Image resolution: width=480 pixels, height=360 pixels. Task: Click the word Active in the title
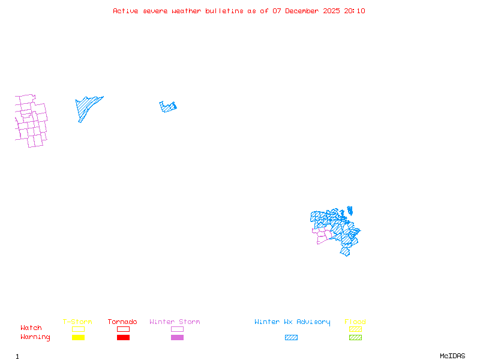tap(125, 11)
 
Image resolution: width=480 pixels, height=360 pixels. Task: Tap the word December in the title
tap(302, 11)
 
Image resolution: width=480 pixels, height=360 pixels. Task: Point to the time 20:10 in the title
tap(355, 11)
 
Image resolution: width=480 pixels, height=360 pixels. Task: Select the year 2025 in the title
tap(332, 11)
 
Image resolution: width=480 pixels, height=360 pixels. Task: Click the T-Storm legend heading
tap(77, 322)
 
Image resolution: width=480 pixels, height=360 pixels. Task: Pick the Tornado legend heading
tap(122, 322)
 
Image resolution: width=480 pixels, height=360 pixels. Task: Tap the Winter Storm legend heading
tap(175, 322)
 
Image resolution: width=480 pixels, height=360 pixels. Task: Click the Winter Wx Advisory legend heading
tap(292, 322)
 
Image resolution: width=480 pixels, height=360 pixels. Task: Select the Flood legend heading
tap(355, 322)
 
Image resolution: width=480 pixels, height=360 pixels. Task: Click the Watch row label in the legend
tap(31, 328)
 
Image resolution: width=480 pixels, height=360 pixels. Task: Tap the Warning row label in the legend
tap(35, 337)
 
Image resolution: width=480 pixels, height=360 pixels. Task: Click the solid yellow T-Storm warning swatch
tap(78, 337)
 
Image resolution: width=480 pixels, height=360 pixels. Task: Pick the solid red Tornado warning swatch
tap(123, 337)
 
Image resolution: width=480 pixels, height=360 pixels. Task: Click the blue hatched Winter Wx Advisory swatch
tap(291, 337)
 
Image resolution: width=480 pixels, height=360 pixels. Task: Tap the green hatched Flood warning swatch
tap(355, 337)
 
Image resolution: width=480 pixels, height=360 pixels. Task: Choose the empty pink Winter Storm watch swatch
tap(177, 329)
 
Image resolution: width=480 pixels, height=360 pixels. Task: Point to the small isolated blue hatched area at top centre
tap(168, 107)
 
